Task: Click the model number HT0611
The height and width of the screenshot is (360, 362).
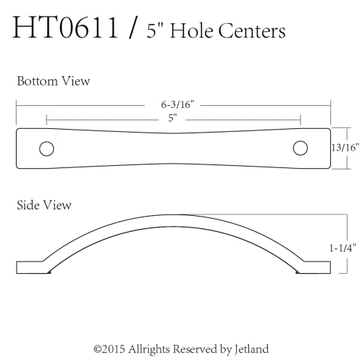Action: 65,27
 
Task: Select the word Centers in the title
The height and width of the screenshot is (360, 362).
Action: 252,31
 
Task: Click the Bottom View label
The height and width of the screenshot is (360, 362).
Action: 54,81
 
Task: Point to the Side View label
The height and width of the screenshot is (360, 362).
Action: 44,205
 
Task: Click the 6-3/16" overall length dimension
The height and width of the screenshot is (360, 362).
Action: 177,105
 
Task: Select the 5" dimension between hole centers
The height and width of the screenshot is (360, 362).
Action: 173,118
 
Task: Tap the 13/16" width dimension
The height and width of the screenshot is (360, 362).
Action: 345,148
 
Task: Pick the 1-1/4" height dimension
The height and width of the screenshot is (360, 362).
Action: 342,248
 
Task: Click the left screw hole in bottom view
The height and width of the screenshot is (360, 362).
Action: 46,148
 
